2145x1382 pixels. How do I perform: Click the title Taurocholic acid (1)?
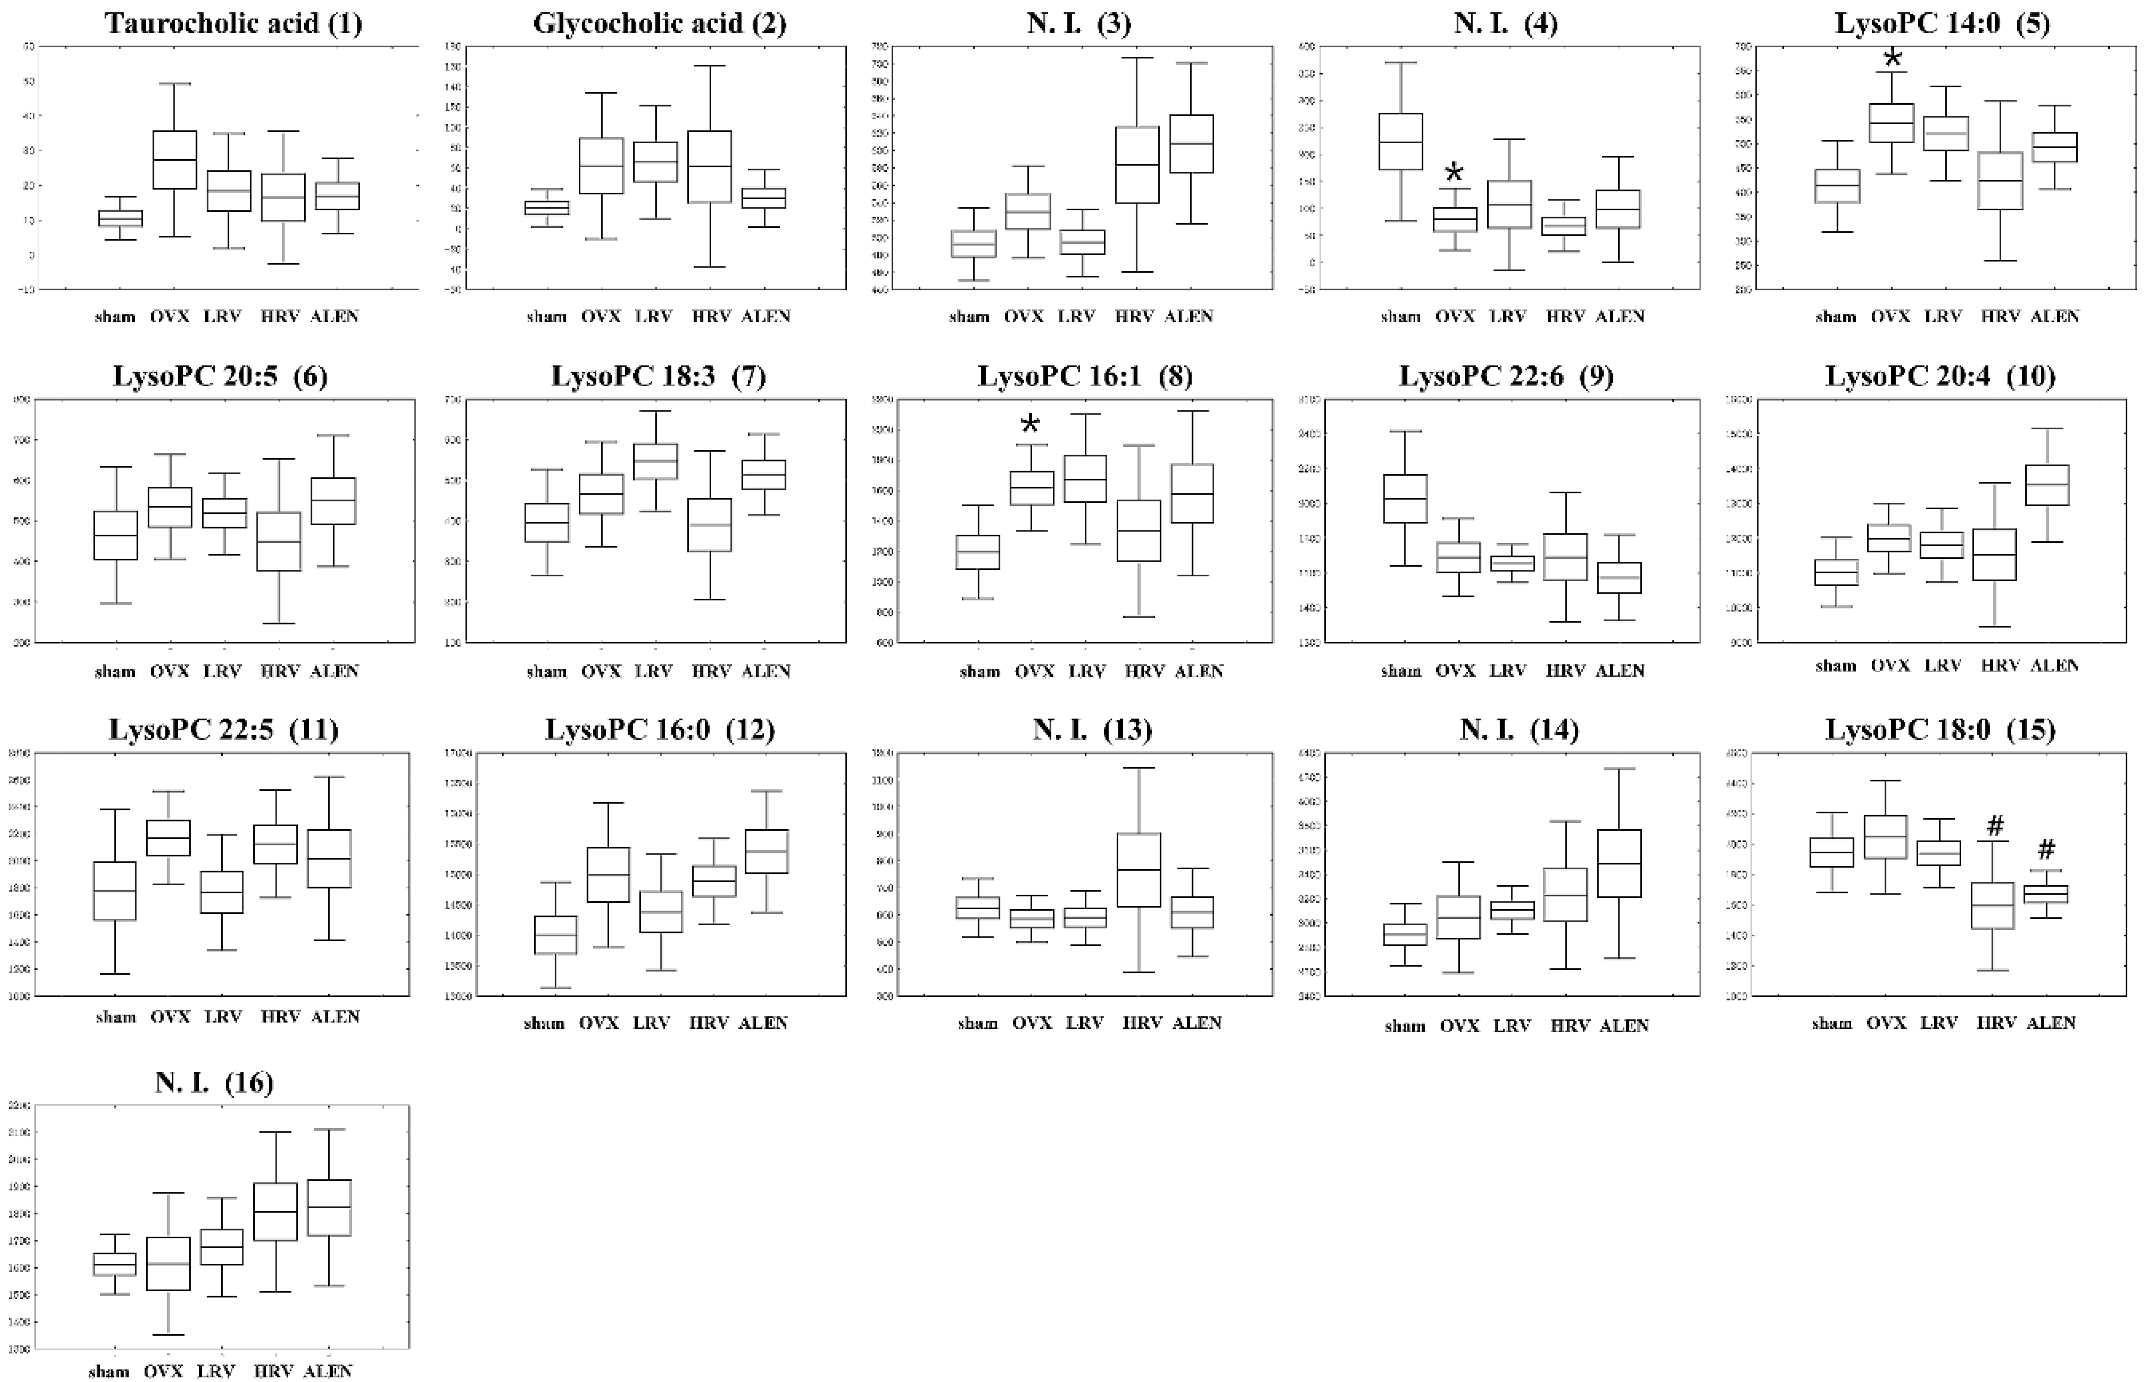tap(233, 22)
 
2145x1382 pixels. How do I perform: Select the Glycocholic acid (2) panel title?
tap(660, 22)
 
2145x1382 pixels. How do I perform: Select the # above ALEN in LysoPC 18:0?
tap(2046, 849)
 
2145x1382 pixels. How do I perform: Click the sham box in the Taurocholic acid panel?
tap(120, 218)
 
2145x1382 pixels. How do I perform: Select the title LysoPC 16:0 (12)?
tap(660, 729)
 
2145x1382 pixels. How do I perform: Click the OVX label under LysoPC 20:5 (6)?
tap(170, 671)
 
